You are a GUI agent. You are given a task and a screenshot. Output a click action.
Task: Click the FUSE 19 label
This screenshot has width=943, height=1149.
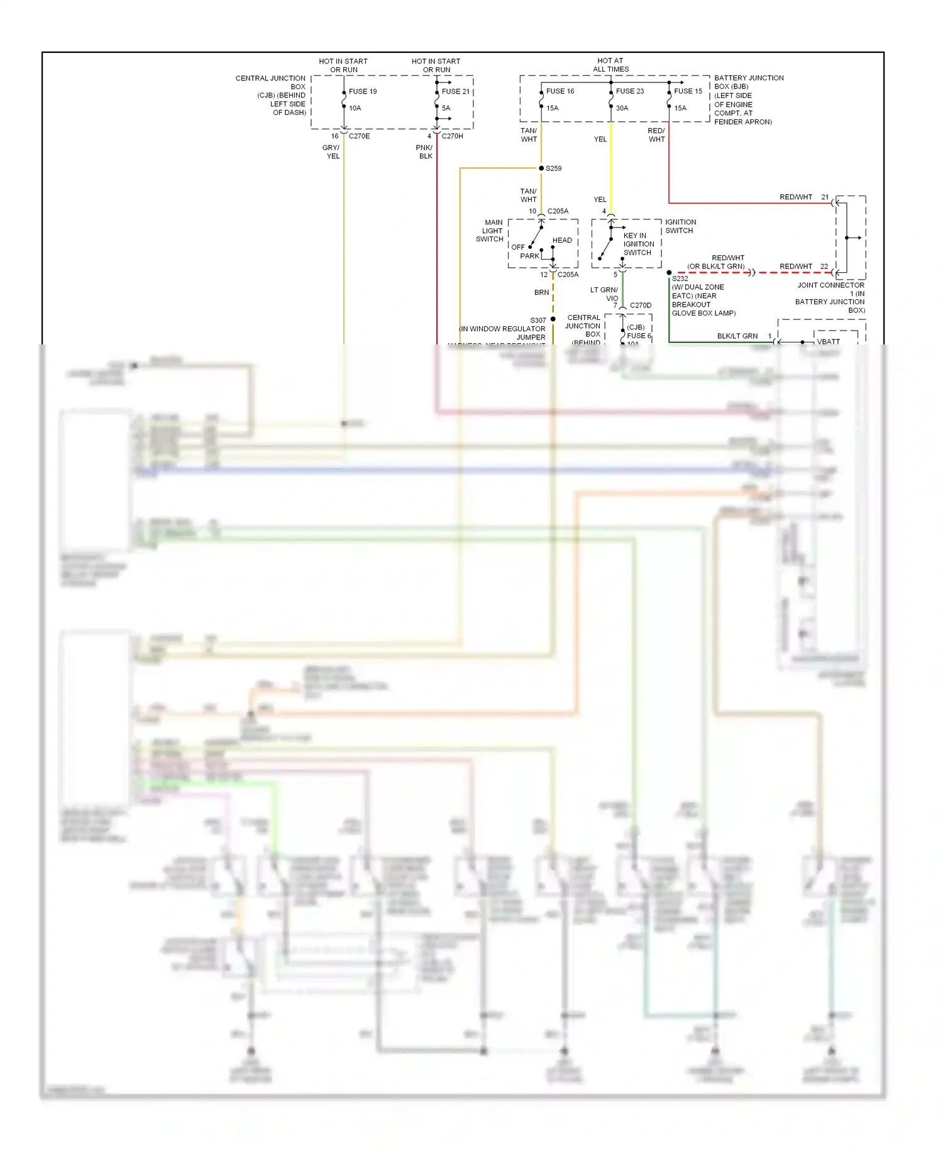tap(363, 91)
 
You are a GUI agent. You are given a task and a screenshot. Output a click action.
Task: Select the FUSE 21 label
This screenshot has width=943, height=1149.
tap(455, 91)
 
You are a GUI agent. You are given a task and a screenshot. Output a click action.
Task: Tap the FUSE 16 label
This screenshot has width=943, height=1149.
tap(560, 91)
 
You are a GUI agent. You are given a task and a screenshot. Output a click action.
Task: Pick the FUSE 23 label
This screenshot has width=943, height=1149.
tap(629, 91)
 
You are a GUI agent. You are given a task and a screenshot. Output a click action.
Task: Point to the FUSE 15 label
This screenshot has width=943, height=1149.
tap(688, 91)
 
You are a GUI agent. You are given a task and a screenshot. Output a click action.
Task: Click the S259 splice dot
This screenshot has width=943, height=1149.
tap(541, 168)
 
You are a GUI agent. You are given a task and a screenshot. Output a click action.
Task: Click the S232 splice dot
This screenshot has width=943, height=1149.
tap(669, 273)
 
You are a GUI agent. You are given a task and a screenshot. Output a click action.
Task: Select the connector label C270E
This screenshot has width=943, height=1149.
tap(359, 136)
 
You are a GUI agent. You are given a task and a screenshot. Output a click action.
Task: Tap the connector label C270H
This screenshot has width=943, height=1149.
tap(452, 136)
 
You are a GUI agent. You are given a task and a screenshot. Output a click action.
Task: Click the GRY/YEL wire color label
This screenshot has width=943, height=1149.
tap(331, 151)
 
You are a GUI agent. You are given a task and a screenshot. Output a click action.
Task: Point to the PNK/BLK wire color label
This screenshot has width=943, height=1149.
tap(424, 151)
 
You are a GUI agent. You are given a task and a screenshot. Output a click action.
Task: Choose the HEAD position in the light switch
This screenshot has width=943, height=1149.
tap(562, 240)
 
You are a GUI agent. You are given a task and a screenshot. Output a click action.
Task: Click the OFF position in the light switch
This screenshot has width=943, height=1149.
tap(518, 247)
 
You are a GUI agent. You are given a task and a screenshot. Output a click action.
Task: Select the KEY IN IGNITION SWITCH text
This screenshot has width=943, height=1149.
tap(638, 244)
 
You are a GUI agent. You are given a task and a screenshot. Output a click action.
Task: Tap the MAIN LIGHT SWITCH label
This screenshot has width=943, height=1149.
tap(490, 231)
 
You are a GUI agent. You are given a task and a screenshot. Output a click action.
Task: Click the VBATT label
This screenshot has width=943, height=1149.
tap(828, 341)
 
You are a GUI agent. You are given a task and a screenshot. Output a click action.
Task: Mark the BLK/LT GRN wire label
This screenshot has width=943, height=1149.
tap(737, 336)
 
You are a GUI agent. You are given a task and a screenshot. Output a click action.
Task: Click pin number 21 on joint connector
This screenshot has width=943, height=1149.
tap(825, 197)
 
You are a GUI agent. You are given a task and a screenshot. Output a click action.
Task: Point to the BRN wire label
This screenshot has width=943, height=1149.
tap(541, 292)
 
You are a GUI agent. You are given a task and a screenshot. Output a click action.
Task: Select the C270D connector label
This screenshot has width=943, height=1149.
tap(641, 305)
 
